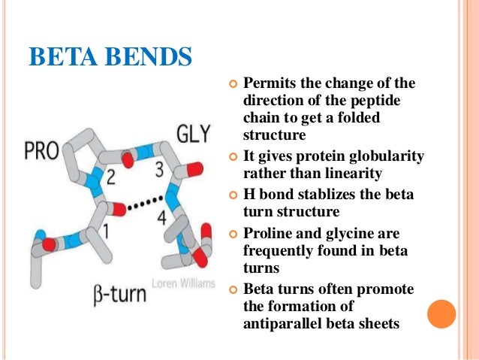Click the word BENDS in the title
[x=147, y=57]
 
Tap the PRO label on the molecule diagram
[x=41, y=151]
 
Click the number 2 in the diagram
[x=110, y=177]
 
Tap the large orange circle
[x=441, y=313]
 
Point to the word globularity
[x=386, y=156]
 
